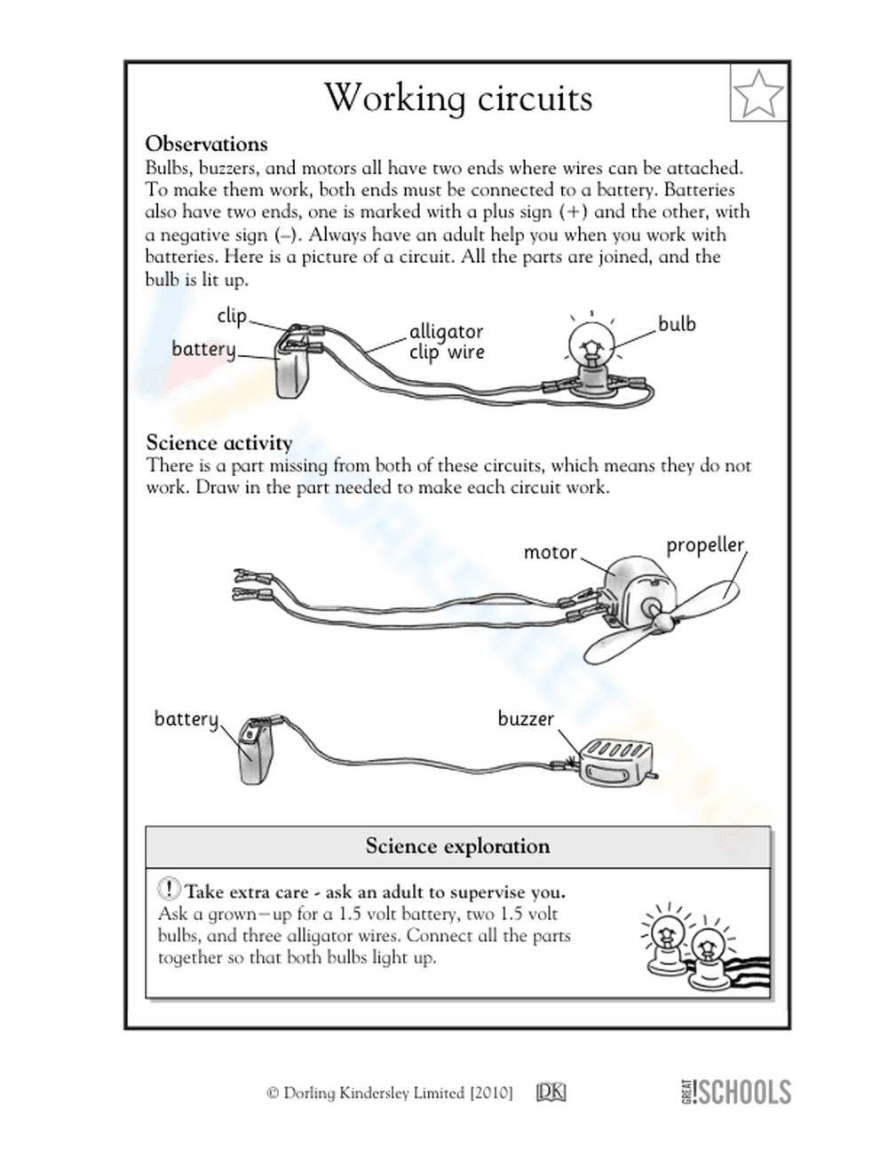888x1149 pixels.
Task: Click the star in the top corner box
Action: [759, 92]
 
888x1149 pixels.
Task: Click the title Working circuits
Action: [457, 98]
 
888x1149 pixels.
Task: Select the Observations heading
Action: [206, 144]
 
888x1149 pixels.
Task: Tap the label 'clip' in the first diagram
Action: [231, 316]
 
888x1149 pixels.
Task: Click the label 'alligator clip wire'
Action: [446, 342]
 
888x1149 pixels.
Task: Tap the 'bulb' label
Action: [677, 324]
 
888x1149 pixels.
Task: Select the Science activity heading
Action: [218, 442]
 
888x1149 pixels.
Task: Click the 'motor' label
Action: [550, 552]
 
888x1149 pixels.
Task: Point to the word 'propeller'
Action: [705, 544]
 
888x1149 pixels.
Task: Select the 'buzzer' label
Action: [525, 718]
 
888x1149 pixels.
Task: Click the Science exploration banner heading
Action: [457, 846]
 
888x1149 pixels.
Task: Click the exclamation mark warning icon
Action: [169, 889]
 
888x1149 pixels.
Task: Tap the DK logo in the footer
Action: [551, 1092]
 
